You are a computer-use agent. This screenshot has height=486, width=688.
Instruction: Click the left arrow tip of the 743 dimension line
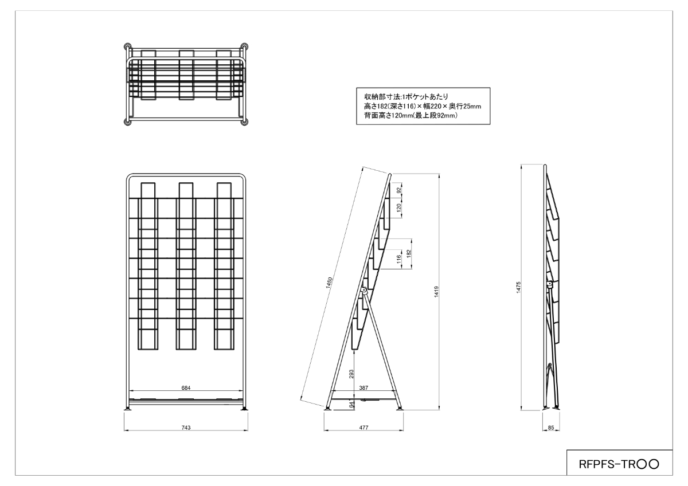click(x=124, y=430)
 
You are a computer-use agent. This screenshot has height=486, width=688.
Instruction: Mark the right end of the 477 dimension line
click(x=403, y=430)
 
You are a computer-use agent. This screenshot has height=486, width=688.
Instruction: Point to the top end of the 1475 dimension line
click(x=522, y=164)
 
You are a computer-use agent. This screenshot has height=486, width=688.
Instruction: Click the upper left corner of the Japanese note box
click(x=356, y=88)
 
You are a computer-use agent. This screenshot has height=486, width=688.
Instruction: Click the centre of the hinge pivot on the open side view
click(x=364, y=289)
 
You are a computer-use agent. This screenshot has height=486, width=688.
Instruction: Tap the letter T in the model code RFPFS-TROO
click(x=626, y=464)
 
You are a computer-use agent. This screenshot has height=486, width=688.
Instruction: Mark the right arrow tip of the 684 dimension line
click(x=243, y=391)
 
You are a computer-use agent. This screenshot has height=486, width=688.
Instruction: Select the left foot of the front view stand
click(x=127, y=409)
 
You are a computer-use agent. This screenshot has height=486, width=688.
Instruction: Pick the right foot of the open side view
click(x=400, y=409)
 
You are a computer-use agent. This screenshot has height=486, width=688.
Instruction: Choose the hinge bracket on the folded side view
click(x=549, y=285)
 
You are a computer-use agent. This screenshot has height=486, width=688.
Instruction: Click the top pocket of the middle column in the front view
click(x=186, y=190)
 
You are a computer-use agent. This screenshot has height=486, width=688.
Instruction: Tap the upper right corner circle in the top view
click(x=244, y=46)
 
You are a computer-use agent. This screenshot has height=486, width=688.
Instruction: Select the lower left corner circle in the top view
click(x=127, y=122)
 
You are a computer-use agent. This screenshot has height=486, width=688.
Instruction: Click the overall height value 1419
click(x=436, y=292)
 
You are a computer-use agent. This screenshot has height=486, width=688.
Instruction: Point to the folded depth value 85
click(x=551, y=428)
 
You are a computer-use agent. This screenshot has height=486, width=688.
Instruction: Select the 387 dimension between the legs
click(x=363, y=388)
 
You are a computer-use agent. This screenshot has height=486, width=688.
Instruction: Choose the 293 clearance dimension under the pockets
click(x=351, y=374)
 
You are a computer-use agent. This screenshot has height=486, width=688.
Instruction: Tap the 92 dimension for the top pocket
click(x=399, y=190)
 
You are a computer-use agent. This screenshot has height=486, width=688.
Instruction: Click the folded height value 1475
click(x=518, y=288)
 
